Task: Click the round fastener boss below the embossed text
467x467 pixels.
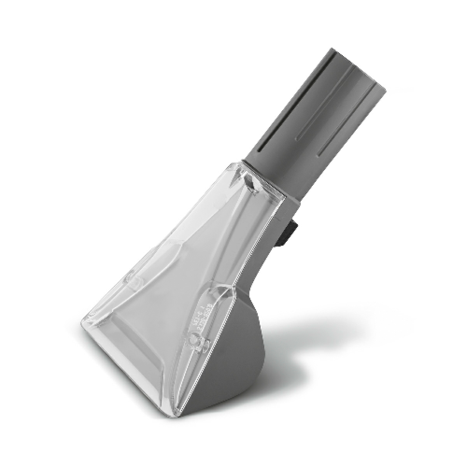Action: tap(195, 345)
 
